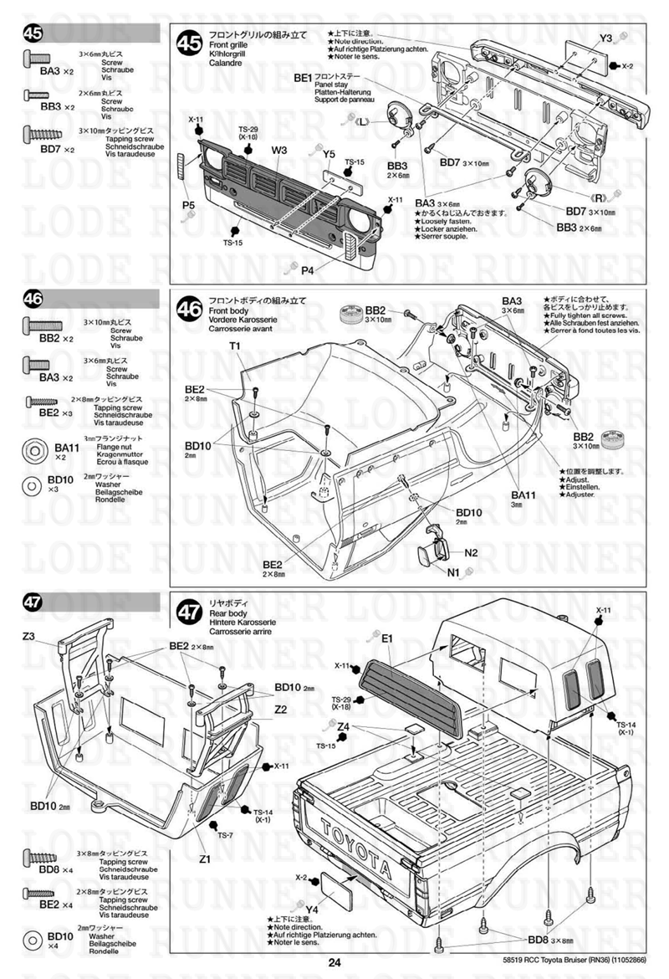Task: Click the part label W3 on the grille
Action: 279,151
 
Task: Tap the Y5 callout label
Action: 329,154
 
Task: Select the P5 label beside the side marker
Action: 189,204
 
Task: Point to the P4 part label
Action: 307,269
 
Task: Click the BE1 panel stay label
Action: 303,77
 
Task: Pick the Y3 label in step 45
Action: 606,38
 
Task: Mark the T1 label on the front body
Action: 235,346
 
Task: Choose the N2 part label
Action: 471,553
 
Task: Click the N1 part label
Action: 452,572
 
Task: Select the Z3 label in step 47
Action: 29,637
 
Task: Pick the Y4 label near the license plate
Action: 314,910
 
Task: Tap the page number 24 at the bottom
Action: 334,962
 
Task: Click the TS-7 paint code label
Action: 226,835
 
